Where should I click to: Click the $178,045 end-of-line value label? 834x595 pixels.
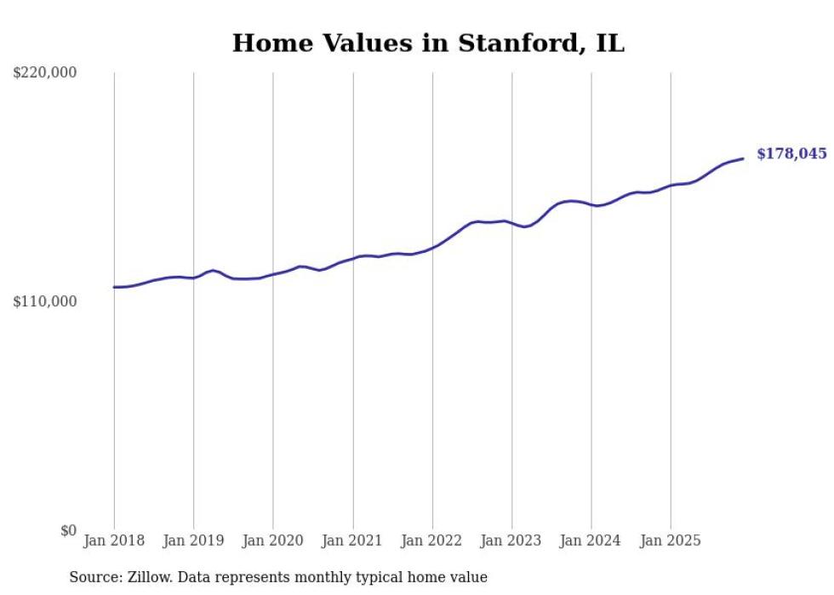(791, 154)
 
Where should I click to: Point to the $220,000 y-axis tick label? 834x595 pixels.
(45, 73)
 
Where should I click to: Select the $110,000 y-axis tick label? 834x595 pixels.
(45, 301)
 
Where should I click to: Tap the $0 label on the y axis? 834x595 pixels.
(68, 530)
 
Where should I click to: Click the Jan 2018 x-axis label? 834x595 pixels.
(114, 541)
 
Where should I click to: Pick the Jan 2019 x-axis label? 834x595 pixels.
(193, 541)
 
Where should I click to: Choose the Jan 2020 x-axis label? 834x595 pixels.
(273, 541)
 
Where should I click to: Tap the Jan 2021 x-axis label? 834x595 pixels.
(352, 541)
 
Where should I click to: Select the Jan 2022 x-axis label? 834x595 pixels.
(432, 541)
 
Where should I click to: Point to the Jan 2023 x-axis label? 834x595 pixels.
(511, 541)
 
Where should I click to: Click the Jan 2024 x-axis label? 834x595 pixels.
(591, 541)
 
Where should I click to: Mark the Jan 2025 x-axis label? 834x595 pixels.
(671, 541)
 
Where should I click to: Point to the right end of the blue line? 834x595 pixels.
(744, 158)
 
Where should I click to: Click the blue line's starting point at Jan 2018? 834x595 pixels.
(114, 287)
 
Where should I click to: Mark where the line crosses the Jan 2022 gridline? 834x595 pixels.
(432, 248)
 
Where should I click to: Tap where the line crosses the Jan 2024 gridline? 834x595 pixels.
(591, 205)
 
